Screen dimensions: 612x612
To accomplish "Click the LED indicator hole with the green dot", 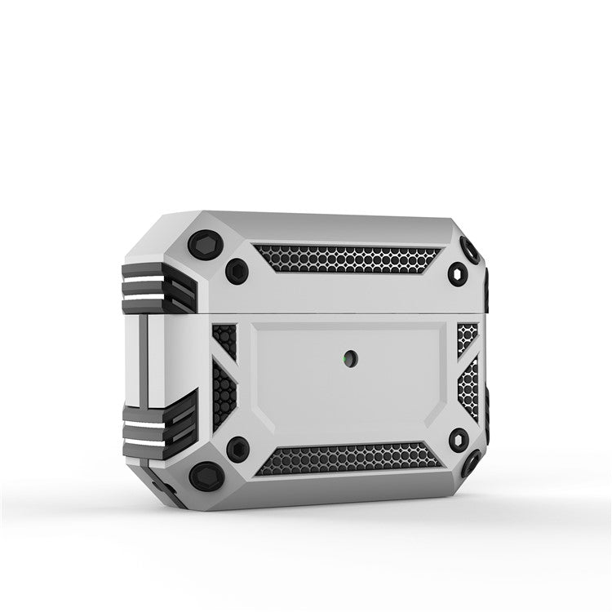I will (348, 357).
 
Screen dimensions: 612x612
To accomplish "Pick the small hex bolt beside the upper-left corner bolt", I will (237, 271).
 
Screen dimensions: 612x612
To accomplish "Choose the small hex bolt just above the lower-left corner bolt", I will (237, 447).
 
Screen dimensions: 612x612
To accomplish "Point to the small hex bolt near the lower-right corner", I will (459, 439).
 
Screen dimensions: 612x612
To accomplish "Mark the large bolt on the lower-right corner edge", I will (472, 464).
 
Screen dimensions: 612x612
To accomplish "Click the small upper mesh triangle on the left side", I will (225, 339).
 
